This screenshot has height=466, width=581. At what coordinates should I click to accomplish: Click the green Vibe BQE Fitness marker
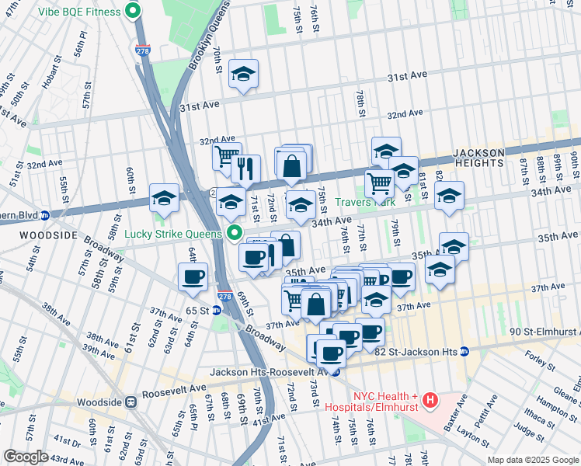click(133, 11)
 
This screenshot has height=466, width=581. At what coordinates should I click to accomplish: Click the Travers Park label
click(365, 202)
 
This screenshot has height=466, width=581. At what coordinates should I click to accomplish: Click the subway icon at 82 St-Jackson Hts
click(464, 351)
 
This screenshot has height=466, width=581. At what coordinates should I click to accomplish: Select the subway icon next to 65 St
click(217, 309)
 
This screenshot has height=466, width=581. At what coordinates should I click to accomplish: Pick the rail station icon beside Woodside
click(131, 402)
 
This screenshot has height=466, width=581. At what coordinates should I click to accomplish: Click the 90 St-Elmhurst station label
click(544, 332)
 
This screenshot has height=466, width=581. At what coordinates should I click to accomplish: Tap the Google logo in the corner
click(26, 457)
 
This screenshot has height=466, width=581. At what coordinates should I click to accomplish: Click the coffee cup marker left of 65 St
click(193, 276)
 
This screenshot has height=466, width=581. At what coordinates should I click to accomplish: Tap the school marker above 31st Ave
click(243, 74)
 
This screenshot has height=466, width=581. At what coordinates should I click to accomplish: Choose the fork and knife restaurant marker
click(245, 168)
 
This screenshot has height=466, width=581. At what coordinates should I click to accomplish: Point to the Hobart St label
click(53, 75)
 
